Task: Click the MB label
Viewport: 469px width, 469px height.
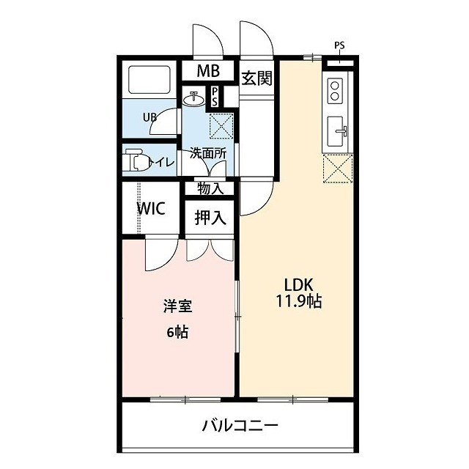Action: [210, 72]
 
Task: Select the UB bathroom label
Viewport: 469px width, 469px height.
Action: [149, 117]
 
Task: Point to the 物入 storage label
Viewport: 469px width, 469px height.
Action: [210, 188]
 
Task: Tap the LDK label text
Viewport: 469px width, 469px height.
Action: [297, 284]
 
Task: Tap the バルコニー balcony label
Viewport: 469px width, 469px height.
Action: [240, 425]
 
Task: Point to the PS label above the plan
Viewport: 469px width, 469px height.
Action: [339, 45]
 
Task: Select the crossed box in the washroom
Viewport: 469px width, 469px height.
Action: [221, 126]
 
